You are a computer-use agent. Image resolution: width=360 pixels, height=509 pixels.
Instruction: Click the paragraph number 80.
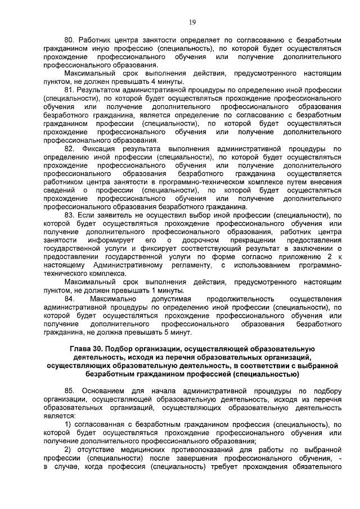tap(69, 41)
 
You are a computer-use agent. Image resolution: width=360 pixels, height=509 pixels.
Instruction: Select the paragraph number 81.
tap(69, 89)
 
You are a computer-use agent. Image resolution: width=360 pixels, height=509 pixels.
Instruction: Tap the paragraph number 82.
tap(69, 148)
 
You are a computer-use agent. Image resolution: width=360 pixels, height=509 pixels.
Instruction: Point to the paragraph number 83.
tap(69, 215)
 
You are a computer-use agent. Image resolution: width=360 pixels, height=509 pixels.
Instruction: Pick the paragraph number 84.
tap(70, 299)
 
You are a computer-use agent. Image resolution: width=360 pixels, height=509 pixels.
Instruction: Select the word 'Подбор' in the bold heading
tap(127, 349)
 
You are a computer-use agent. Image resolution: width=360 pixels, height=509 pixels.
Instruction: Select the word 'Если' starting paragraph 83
tap(88, 215)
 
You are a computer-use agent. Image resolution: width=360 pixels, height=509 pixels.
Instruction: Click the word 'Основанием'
tap(105, 390)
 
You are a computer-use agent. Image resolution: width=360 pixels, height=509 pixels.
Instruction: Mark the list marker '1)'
tap(67, 424)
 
